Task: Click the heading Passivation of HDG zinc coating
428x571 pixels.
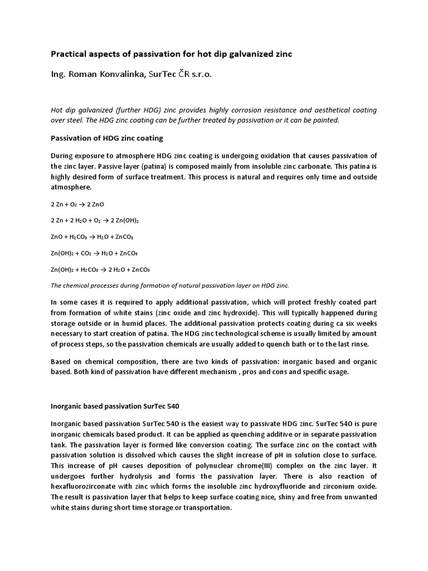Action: point(106,138)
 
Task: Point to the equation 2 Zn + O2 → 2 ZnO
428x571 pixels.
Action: point(77,204)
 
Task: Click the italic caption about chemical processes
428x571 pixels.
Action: point(170,285)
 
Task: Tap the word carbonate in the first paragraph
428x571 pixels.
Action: point(305,166)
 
